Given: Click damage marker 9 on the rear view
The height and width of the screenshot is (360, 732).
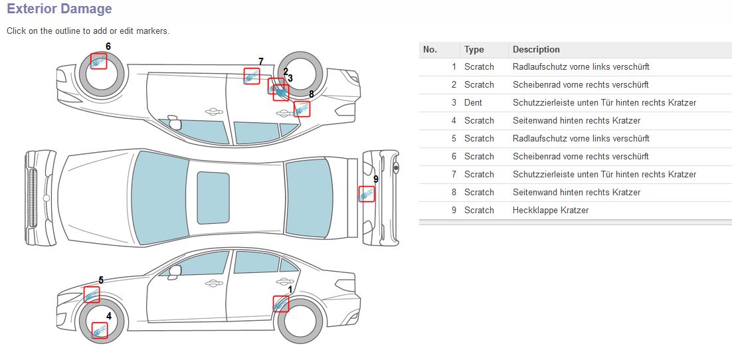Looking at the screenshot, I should click(366, 194).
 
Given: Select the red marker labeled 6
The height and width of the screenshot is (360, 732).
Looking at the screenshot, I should click(98, 61).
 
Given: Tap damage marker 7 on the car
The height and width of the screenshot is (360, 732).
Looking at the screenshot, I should click(251, 76).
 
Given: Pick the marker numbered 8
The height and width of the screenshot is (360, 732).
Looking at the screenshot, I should click(302, 109).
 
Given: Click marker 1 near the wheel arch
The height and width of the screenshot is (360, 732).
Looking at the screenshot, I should click(281, 304).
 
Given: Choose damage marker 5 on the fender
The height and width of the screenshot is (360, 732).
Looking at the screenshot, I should click(92, 295).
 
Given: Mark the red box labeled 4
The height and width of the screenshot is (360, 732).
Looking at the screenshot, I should click(100, 330).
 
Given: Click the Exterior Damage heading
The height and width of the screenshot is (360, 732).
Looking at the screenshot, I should click(59, 9).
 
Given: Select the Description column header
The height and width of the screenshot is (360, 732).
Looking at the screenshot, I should click(536, 49).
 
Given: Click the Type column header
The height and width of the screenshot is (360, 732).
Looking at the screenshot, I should click(474, 49).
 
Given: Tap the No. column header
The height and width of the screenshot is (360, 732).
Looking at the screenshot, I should click(430, 49).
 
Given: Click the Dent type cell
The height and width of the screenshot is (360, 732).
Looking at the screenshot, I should click(473, 102).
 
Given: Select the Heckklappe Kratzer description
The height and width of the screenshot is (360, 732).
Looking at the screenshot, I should click(550, 210).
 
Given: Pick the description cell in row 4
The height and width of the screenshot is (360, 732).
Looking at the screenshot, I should click(576, 120).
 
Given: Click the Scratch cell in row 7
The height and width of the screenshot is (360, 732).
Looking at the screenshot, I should click(479, 174).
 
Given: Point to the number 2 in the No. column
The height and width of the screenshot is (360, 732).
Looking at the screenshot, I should click(454, 84).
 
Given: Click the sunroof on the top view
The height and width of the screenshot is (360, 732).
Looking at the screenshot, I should click(213, 197).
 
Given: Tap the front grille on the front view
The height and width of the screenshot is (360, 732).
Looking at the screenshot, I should click(31, 197).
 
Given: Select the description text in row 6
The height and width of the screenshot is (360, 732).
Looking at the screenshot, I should click(581, 156).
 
